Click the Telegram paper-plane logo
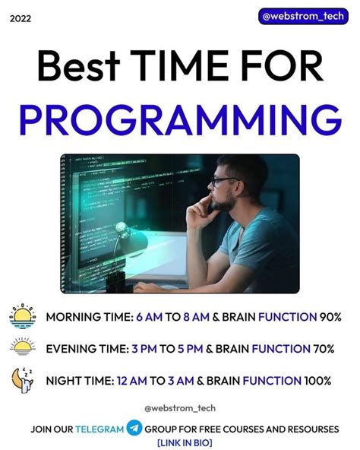point(134,429)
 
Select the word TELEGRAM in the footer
point(99,429)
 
